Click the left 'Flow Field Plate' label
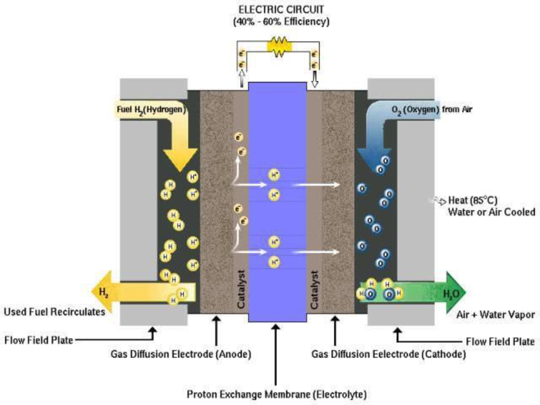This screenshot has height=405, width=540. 38,340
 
